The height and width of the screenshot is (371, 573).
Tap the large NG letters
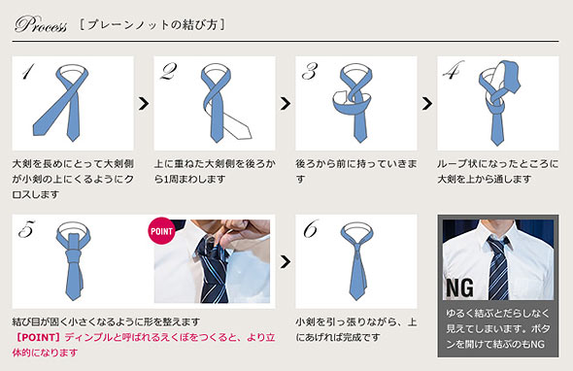tap(460, 287)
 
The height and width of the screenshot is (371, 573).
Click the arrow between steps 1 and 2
tap(144, 102)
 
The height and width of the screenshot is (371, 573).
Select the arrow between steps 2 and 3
tap(286, 102)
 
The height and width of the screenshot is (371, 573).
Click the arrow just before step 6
tap(286, 260)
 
